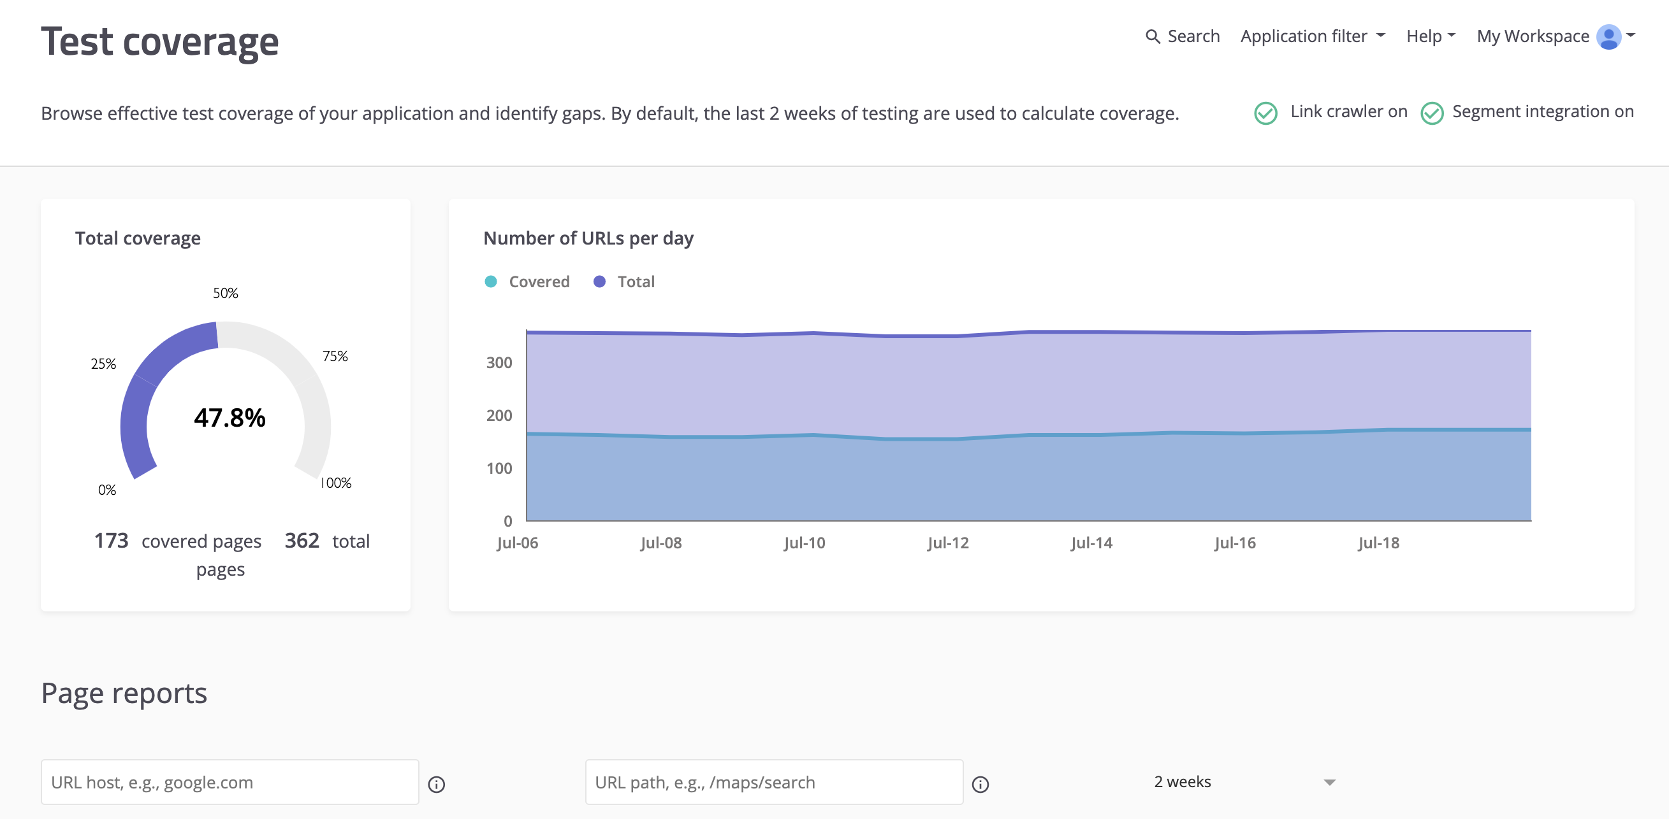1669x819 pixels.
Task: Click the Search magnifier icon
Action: (x=1152, y=37)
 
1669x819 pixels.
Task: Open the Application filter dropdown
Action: (x=1312, y=36)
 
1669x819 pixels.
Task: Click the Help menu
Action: (x=1430, y=36)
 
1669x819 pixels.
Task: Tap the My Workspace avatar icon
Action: (x=1608, y=37)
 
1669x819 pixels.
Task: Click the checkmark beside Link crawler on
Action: (x=1265, y=113)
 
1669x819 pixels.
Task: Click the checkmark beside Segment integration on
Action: (x=1431, y=113)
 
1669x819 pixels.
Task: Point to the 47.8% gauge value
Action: (x=230, y=418)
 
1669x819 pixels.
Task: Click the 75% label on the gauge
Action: (x=335, y=356)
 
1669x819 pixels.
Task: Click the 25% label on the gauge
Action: (x=103, y=364)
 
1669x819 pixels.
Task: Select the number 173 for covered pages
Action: (x=111, y=541)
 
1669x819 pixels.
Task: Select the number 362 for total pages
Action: (x=302, y=541)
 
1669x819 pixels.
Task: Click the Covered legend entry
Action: (x=527, y=281)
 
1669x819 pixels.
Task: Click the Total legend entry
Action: (x=625, y=281)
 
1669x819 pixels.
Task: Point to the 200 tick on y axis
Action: (x=499, y=416)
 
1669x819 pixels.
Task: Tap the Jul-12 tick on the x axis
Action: (x=948, y=543)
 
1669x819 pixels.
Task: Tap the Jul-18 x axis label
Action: (x=1378, y=543)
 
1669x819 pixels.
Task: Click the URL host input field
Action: (x=230, y=782)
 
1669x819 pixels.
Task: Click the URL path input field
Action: (x=773, y=782)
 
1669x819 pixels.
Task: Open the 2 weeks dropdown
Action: (x=1244, y=782)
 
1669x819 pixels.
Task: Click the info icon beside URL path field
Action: (x=980, y=785)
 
